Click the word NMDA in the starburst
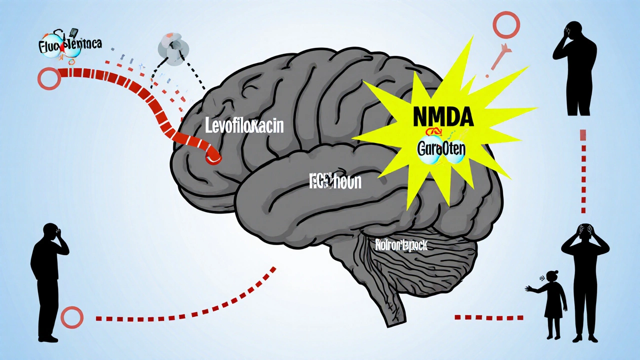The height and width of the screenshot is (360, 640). coord(443,116)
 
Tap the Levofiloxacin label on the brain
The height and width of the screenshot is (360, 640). coord(244,126)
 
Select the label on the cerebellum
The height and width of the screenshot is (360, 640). coord(401,244)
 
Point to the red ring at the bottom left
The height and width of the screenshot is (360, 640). coord(72,317)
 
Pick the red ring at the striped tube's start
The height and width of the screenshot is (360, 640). coord(49,78)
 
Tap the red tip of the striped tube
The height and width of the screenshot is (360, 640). coord(213,157)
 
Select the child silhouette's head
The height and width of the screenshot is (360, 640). coord(553,276)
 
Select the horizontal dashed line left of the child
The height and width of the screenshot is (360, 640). coord(488,317)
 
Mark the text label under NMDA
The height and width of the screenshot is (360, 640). coord(441,148)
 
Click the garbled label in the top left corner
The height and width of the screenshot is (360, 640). coord(69,44)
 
